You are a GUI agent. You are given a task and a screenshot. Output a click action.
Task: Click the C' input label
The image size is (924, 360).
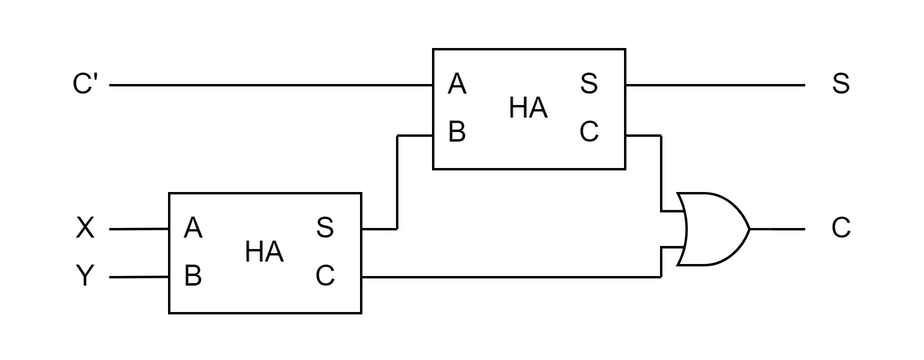tap(85, 84)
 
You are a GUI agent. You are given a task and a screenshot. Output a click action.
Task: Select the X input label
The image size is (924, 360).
tap(85, 227)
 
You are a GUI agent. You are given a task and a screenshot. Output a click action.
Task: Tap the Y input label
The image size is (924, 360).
tap(85, 275)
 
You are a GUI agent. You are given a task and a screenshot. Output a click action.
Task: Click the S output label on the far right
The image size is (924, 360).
tap(841, 84)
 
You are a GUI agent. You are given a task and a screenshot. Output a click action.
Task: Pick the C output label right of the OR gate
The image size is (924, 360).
tap(841, 227)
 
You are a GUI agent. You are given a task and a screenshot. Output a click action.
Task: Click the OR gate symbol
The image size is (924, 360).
tap(713, 229)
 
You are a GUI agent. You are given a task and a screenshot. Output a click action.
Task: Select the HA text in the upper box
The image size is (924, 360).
tap(529, 108)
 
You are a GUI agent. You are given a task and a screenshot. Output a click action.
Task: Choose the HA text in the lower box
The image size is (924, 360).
tap(265, 252)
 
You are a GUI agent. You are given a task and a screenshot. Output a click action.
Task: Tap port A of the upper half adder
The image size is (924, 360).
tap(457, 84)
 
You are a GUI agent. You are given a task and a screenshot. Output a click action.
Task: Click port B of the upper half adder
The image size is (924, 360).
tap(457, 132)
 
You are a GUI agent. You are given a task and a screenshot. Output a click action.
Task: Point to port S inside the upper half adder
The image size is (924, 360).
tap(589, 84)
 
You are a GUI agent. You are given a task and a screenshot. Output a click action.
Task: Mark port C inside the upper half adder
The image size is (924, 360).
tap(589, 132)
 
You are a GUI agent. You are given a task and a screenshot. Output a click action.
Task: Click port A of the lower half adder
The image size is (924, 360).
tap(193, 227)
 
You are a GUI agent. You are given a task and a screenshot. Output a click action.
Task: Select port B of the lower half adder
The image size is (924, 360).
tap(193, 275)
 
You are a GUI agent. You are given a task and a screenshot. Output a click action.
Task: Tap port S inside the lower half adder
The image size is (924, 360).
tap(325, 227)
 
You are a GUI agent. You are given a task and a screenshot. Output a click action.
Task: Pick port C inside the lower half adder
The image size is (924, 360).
tap(325, 275)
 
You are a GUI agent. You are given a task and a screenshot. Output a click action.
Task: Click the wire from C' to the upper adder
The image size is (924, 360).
tap(271, 85)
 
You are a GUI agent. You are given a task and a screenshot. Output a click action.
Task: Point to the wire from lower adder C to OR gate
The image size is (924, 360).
tap(511, 277)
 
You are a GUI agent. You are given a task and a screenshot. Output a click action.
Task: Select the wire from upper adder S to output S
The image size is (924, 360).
tap(715, 85)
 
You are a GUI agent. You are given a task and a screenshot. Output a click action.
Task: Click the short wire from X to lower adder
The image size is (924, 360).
tap(139, 229)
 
